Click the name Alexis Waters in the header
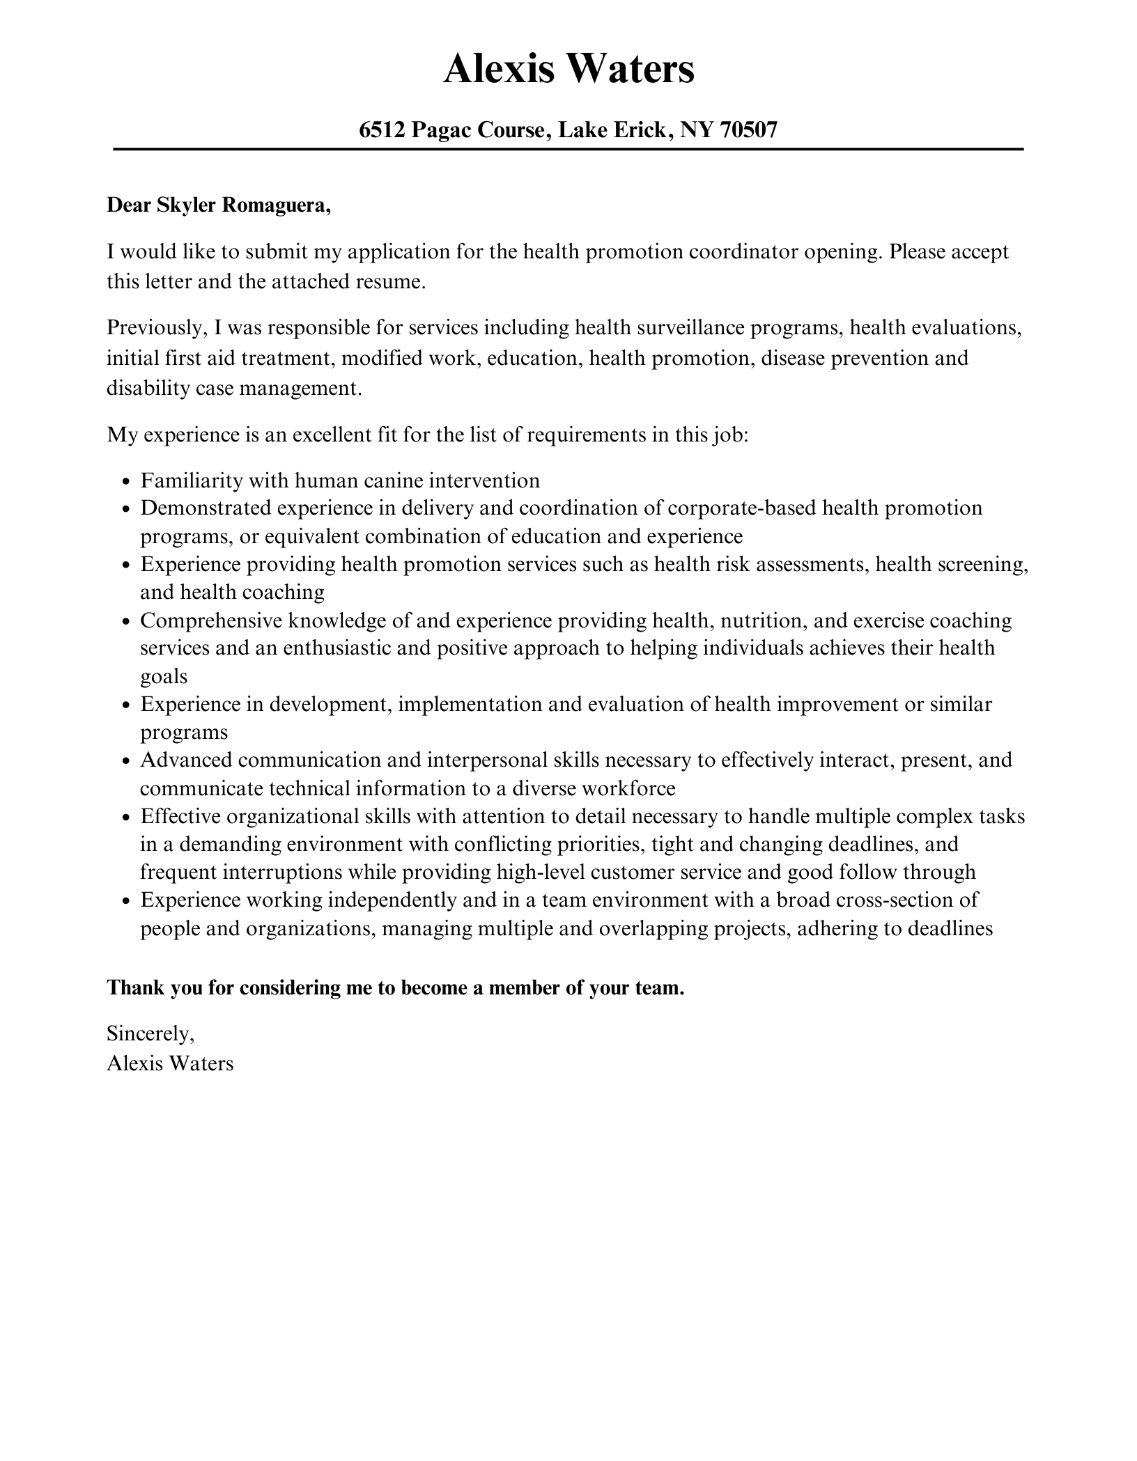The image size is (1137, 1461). [568, 69]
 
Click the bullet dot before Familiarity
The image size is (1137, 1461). [126, 482]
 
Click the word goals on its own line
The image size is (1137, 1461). [164, 676]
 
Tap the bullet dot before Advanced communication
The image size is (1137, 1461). [126, 761]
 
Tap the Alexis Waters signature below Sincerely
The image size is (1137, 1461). [170, 1063]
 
